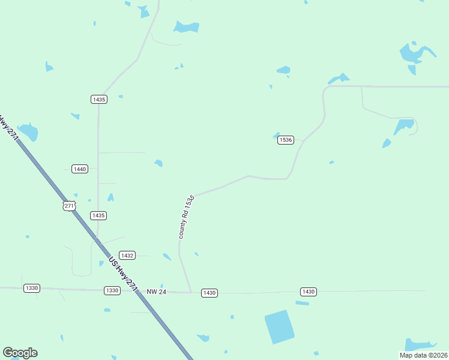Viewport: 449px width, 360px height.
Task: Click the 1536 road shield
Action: pyautogui.click(x=285, y=140)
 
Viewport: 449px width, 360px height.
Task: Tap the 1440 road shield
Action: pyautogui.click(x=80, y=169)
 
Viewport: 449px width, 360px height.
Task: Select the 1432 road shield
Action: pyautogui.click(x=127, y=255)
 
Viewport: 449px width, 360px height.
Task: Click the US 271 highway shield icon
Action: pyautogui.click(x=70, y=205)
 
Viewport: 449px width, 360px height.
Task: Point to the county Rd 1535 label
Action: pyautogui.click(x=186, y=217)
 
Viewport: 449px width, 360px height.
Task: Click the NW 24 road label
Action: pyautogui.click(x=156, y=292)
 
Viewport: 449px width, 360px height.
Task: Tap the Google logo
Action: pyautogui.click(x=20, y=353)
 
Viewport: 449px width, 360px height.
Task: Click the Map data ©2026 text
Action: pyautogui.click(x=423, y=355)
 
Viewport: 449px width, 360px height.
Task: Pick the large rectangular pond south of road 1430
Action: pyautogui.click(x=280, y=326)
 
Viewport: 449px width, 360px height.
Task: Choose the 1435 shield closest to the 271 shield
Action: pyautogui.click(x=98, y=215)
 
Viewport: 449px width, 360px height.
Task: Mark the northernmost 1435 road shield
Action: pyautogui.click(x=99, y=99)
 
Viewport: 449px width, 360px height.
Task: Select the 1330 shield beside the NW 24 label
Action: pyautogui.click(x=112, y=290)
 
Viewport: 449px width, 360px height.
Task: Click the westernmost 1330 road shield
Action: pyautogui.click(x=32, y=288)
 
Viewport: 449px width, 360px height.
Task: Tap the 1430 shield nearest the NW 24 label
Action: pyautogui.click(x=209, y=293)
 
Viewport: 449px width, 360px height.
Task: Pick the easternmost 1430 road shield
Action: pyautogui.click(x=308, y=292)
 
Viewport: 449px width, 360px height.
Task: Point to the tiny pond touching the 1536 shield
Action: pyautogui.click(x=276, y=134)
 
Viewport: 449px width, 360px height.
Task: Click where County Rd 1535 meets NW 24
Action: pyautogui.click(x=191, y=293)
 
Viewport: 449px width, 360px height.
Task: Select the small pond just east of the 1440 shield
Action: pyautogui.click(x=158, y=163)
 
